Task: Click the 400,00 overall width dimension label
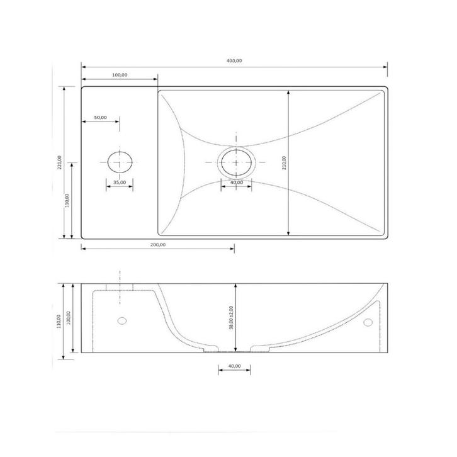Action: pos(234,60)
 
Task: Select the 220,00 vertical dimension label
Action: pos(60,162)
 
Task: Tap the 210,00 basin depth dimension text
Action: pos(284,162)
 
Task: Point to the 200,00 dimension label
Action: pos(157,244)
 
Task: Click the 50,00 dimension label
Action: pos(100,117)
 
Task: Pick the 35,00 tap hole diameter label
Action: pos(118,182)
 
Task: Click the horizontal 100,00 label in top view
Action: pos(120,75)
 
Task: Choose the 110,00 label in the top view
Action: pos(67,200)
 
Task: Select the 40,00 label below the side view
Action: pos(234,365)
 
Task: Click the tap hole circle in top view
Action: pos(119,162)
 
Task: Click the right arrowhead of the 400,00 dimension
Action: pos(385,66)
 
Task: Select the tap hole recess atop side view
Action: pos(119,288)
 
